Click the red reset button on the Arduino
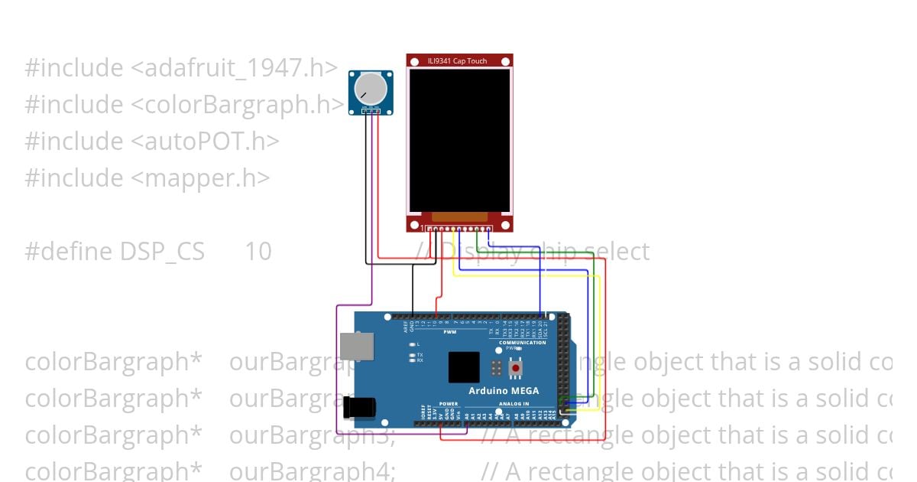(x=516, y=368)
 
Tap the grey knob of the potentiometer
(x=371, y=89)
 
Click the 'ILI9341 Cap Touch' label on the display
(x=458, y=60)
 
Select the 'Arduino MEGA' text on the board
(x=504, y=391)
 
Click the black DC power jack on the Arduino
(x=357, y=407)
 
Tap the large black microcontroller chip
(x=464, y=367)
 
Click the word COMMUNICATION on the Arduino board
(x=523, y=343)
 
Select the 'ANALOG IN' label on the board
(x=514, y=404)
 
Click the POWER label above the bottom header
(x=449, y=404)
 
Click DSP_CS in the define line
(x=163, y=252)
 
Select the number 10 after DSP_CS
(x=258, y=252)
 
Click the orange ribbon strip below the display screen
(x=459, y=217)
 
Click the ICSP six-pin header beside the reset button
(x=497, y=368)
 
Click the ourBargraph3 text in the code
(x=312, y=435)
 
